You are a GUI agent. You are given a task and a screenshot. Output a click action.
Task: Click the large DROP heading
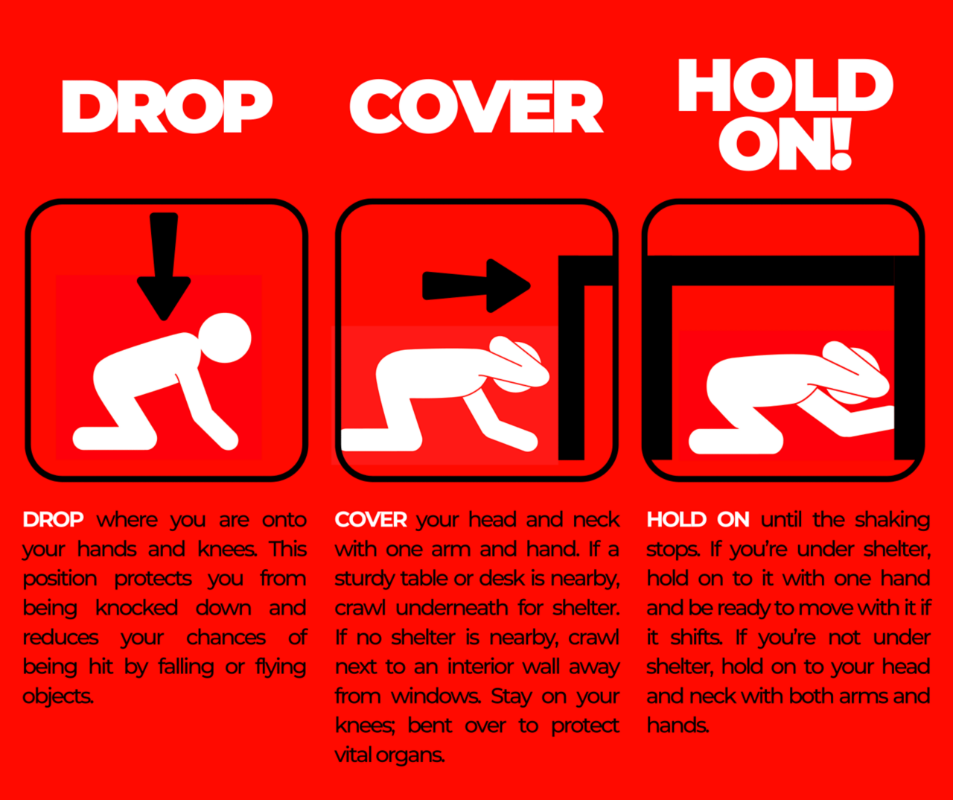coord(167,107)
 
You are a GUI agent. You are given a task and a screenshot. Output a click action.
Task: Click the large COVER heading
coord(476,107)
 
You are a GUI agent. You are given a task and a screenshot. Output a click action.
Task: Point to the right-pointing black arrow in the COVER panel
coord(476,285)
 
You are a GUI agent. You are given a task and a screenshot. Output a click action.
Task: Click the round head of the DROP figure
coord(226,338)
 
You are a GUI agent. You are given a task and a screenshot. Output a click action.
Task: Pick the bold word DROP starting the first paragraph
coord(53,519)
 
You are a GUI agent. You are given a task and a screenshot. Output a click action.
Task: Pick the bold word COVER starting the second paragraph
coord(371,519)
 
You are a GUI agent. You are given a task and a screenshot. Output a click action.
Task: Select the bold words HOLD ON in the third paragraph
coord(698,519)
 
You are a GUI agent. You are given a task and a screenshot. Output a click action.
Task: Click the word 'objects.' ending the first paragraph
coord(58,696)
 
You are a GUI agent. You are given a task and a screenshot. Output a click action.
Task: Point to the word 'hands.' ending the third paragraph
coord(678,725)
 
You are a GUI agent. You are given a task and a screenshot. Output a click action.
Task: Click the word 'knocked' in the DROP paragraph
coord(136,608)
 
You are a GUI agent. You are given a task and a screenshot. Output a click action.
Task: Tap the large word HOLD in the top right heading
coord(785,86)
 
